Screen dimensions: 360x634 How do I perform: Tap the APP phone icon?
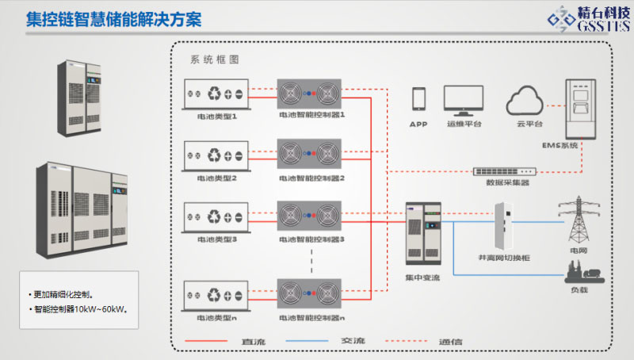click(x=418, y=99)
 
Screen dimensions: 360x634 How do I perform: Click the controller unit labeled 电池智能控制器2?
click(x=309, y=155)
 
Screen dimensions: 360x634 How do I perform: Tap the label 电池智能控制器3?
click(x=312, y=239)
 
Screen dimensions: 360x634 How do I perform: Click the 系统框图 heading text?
click(x=215, y=59)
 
